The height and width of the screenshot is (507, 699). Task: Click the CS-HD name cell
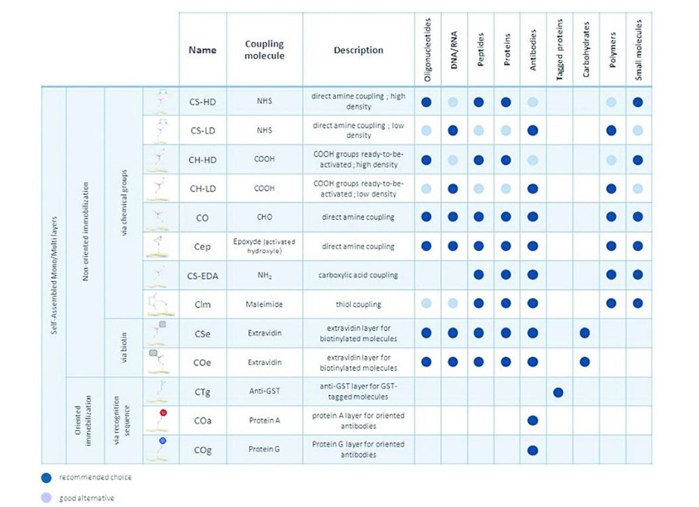(x=202, y=102)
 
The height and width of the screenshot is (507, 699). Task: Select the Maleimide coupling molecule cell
(x=265, y=305)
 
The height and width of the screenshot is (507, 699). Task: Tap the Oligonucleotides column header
(x=426, y=50)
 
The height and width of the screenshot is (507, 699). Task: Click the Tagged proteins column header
(x=559, y=50)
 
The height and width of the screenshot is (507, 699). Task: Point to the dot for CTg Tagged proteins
(x=558, y=392)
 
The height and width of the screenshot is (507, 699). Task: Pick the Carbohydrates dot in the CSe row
(x=585, y=333)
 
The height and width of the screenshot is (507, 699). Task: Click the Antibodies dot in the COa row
(x=533, y=421)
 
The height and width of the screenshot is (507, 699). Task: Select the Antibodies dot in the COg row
(x=533, y=450)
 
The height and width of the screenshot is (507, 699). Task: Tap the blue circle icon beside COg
(x=162, y=441)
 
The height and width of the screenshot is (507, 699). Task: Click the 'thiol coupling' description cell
(x=358, y=305)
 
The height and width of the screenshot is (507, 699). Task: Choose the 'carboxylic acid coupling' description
(x=358, y=275)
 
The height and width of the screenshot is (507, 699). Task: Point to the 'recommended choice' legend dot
(x=46, y=476)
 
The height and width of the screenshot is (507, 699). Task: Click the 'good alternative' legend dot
(x=46, y=498)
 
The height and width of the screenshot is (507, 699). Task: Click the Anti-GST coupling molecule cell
(x=265, y=392)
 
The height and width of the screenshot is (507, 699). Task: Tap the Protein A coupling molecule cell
(x=265, y=421)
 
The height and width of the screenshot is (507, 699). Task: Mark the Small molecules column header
(x=639, y=50)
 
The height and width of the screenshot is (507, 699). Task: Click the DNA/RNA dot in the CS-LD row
(x=453, y=131)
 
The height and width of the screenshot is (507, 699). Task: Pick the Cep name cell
(x=202, y=247)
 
